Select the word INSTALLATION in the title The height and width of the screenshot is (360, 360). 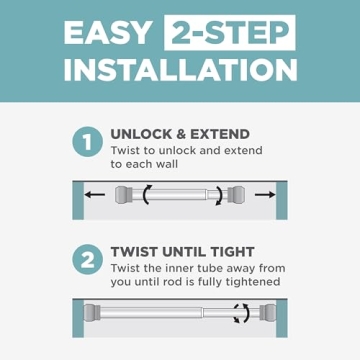pyautogui.click(x=180, y=69)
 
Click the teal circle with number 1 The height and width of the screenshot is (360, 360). pyautogui.click(x=87, y=142)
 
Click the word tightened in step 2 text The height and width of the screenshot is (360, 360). pyautogui.click(x=250, y=282)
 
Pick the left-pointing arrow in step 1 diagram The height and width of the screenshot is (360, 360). pyautogui.click(x=97, y=196)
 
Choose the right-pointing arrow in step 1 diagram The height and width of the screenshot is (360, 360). pyautogui.click(x=263, y=196)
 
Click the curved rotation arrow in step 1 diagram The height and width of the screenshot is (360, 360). pyautogui.click(x=149, y=196)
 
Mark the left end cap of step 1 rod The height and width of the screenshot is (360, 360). pyautogui.click(x=126, y=196)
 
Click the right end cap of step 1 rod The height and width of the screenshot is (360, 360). pyautogui.click(x=236, y=196)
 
